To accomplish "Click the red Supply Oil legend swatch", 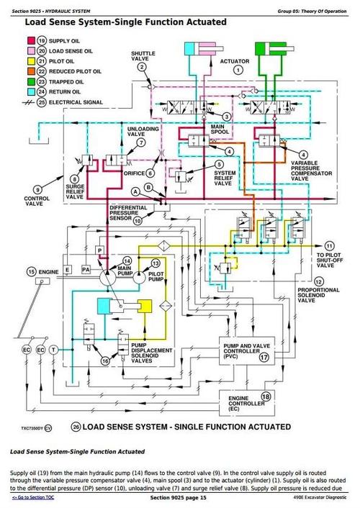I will coord(30,41).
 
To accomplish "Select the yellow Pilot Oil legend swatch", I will coord(30,61).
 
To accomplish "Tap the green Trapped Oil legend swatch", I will coord(30,81).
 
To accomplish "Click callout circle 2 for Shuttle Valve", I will coord(142,67).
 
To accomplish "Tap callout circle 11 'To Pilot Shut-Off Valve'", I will coord(330,245).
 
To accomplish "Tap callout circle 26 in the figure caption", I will coord(76,427).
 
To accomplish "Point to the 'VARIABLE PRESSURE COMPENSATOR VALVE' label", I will coord(315,171).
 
